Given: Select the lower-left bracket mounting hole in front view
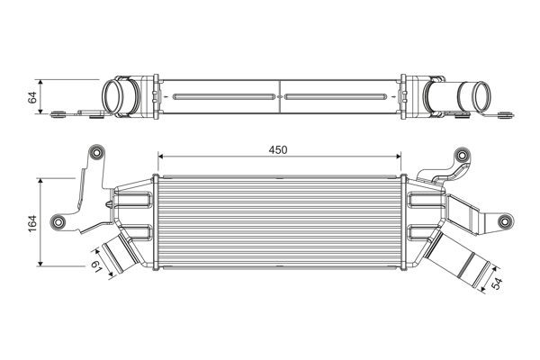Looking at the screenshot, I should [x=60, y=221].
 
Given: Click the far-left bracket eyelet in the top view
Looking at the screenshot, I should [x=59, y=113].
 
